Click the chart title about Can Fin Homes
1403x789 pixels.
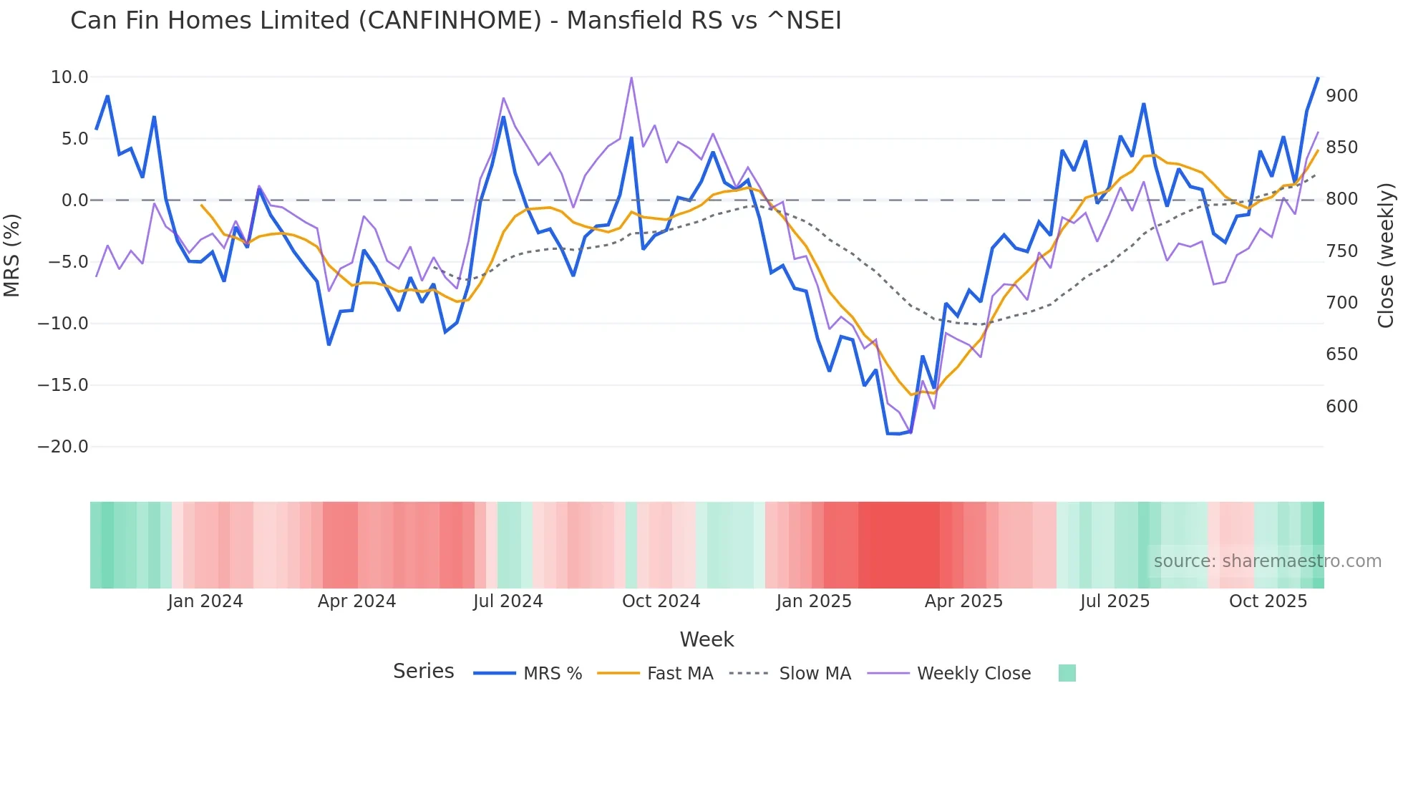pos(455,21)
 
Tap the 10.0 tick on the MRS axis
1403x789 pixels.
pos(69,77)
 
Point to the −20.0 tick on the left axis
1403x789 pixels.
pos(63,447)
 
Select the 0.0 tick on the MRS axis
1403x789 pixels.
pos(74,200)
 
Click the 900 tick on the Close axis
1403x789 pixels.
pos(1341,96)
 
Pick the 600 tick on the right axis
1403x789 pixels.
pos(1341,407)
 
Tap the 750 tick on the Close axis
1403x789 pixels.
pos(1341,251)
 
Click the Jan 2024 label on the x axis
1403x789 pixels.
pos(205,601)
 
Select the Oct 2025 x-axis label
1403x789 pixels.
pos(1268,601)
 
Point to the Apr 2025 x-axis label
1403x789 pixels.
pos(963,601)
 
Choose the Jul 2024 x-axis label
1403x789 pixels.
pos(508,601)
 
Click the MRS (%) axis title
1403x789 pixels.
pos(12,255)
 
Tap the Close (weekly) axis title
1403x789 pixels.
pos(1387,255)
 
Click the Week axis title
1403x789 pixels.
pos(707,639)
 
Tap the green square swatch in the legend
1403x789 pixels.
pos(1067,673)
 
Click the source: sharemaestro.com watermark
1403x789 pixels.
pos(1267,561)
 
